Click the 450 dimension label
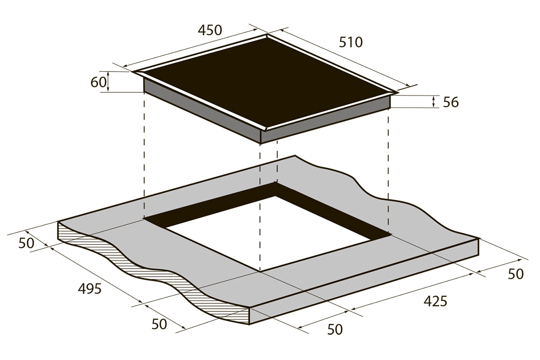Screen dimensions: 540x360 210,31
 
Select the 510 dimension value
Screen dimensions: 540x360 351,42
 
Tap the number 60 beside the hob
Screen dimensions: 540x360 99,82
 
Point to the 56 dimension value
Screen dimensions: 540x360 451,102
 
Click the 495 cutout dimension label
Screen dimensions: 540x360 90,288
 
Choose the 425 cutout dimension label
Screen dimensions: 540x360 436,301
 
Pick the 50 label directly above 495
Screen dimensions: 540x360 26,243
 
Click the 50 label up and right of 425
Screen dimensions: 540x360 516,274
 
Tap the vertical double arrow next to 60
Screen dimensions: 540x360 108,81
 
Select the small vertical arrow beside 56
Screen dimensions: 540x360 433,102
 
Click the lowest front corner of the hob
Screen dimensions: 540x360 261,144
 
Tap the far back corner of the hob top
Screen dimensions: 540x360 267,34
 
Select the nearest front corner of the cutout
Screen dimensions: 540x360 261,272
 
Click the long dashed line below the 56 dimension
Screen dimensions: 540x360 388,171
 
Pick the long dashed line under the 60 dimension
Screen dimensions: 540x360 144,156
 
